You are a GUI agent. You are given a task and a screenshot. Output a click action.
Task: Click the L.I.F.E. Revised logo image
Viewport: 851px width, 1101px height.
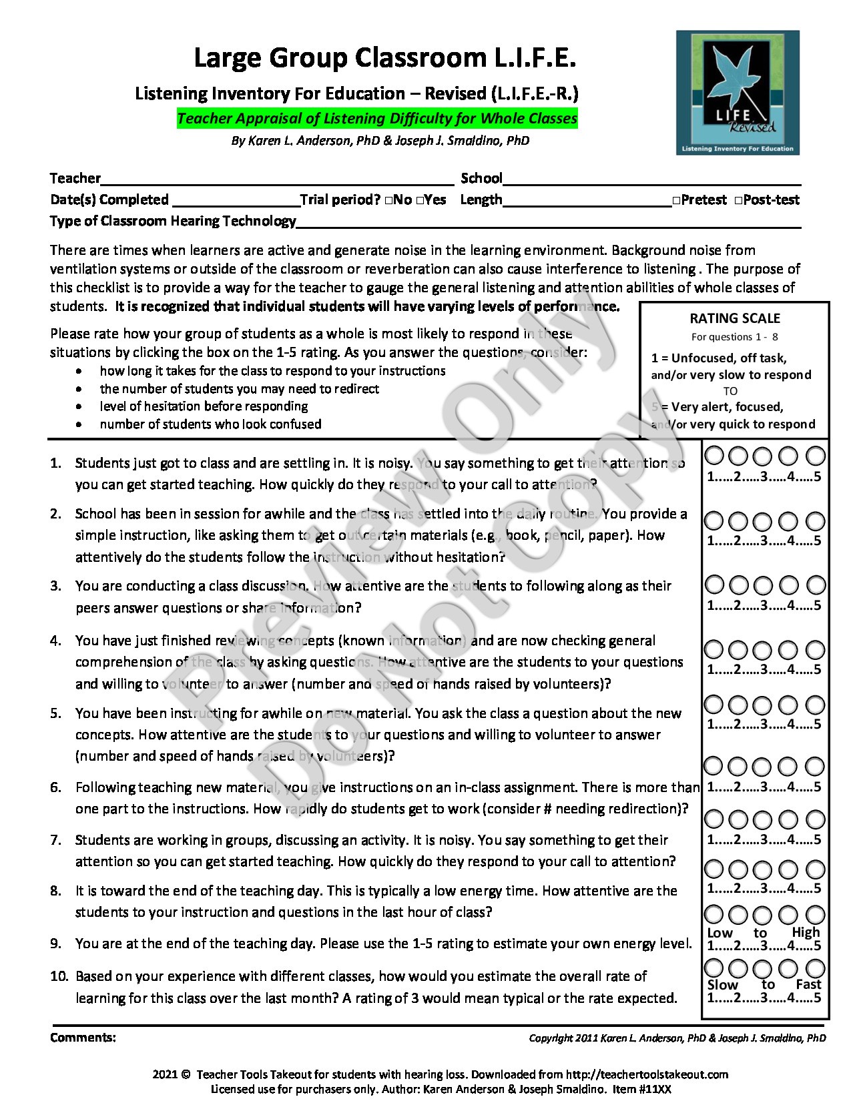click(x=738, y=93)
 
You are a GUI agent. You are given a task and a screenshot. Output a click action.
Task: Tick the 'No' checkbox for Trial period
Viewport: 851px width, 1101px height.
click(x=388, y=200)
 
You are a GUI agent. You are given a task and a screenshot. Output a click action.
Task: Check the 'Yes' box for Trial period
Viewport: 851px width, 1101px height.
click(x=419, y=200)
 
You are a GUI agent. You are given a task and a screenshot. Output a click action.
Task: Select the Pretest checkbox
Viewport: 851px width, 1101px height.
click(x=677, y=200)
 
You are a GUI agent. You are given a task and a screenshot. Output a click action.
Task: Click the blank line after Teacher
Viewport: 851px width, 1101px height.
click(x=277, y=180)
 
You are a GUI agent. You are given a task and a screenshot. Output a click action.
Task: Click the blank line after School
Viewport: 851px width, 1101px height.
click(x=651, y=180)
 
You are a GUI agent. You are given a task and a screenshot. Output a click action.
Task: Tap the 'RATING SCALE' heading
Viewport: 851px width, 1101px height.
click(x=735, y=318)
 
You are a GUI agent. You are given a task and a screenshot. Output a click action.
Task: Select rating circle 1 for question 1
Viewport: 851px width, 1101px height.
click(x=714, y=456)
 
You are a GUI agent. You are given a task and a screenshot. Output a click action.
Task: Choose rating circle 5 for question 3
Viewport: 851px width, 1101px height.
click(x=816, y=585)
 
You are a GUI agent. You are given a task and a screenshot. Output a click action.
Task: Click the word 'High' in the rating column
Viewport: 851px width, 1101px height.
click(x=806, y=932)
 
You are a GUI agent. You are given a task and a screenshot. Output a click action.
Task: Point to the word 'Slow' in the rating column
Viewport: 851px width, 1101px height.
click(x=723, y=984)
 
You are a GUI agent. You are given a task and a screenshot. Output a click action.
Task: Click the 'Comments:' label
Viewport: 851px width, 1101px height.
click(x=83, y=1038)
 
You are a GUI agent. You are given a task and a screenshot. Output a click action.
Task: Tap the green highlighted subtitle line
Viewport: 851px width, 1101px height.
click(x=377, y=119)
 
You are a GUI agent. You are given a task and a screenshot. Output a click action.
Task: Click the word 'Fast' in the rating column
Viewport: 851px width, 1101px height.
click(x=808, y=984)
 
